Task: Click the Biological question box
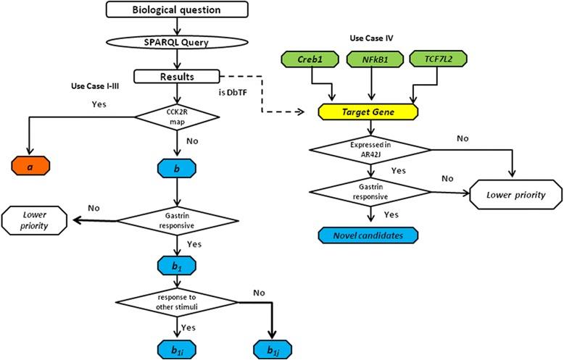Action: [x=178, y=10]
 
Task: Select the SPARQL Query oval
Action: [x=178, y=43]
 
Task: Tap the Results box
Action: [x=177, y=76]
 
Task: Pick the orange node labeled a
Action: [x=29, y=165]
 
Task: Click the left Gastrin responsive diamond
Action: [x=178, y=219]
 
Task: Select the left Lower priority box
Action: [x=34, y=219]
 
